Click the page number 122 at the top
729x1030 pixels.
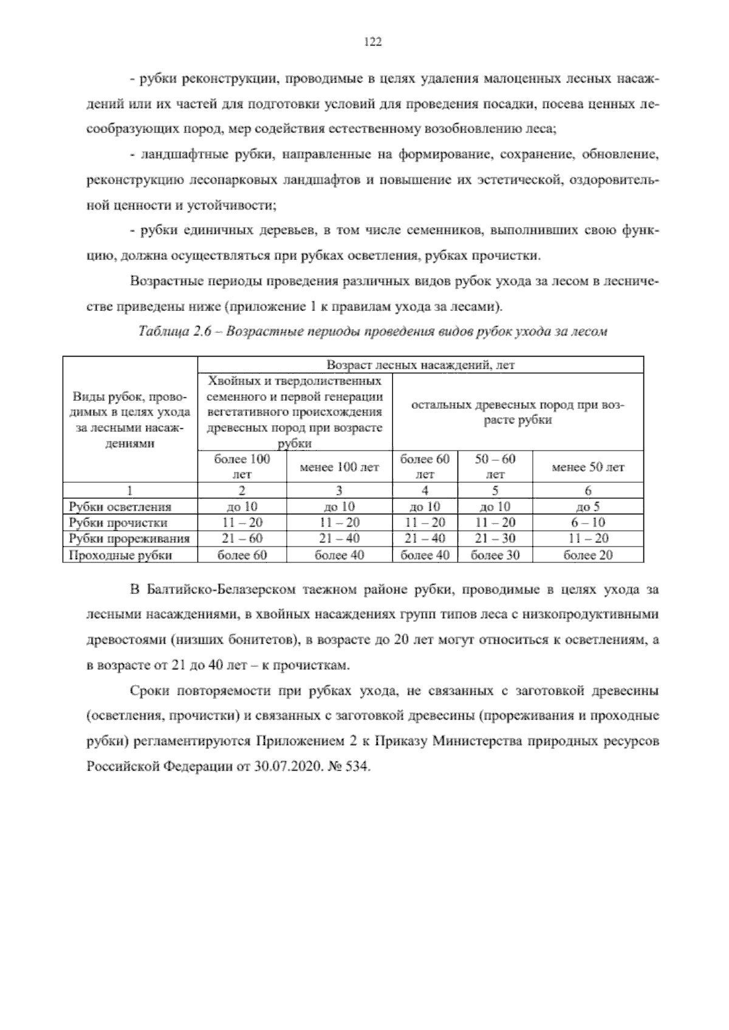pos(372,42)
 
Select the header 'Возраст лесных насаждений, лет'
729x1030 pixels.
pos(420,365)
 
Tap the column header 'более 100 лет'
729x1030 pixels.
pos(242,466)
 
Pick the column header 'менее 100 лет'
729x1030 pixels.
pos(339,467)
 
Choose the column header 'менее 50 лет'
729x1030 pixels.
pos(587,467)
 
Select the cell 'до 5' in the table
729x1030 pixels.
pos(587,506)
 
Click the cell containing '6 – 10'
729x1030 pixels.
pos(587,522)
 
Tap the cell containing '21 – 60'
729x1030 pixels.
pos(242,539)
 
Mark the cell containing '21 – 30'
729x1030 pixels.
pos(495,539)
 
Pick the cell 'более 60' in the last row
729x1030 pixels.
pos(242,554)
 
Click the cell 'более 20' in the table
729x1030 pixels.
pos(587,554)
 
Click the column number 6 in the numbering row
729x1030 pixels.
pos(587,491)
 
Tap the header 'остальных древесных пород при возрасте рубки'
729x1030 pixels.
pos(518,412)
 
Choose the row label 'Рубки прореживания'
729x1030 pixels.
pos(129,539)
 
